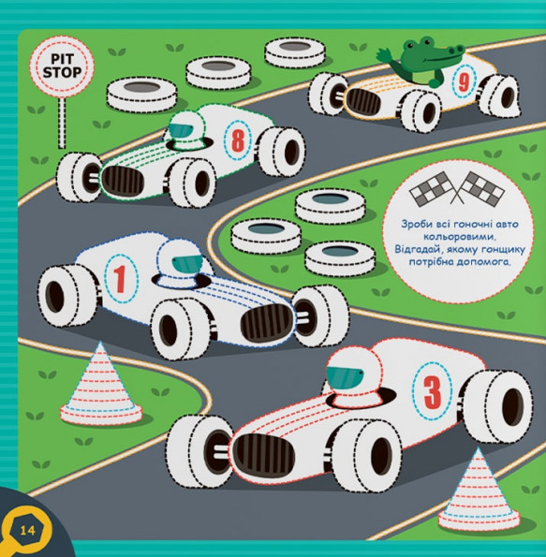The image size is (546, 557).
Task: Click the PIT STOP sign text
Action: (x=62, y=66)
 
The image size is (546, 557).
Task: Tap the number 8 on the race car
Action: (x=238, y=139)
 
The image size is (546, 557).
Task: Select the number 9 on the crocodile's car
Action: (x=464, y=83)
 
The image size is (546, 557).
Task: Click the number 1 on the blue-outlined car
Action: (x=120, y=279)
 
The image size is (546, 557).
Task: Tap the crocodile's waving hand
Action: (x=384, y=56)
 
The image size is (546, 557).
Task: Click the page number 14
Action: (x=27, y=531)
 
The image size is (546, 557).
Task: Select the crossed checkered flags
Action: (x=457, y=188)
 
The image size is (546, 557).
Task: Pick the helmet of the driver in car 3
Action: (x=353, y=375)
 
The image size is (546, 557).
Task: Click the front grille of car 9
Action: (x=363, y=101)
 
